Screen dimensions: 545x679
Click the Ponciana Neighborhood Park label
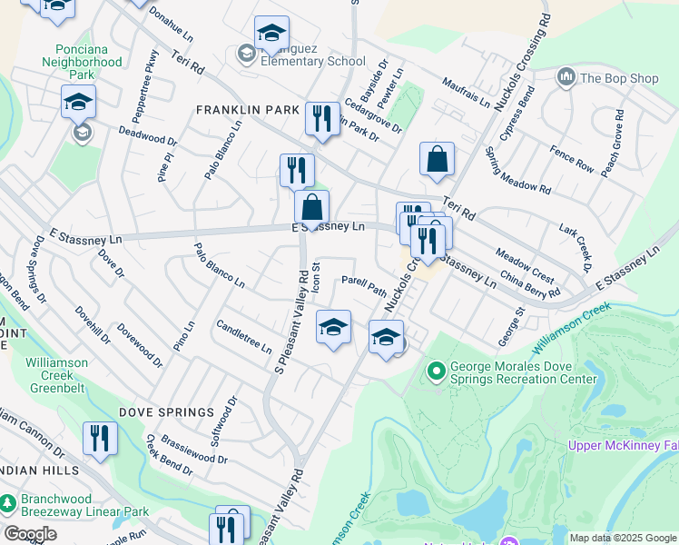(82, 62)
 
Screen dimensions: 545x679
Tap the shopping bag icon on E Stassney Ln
(311, 208)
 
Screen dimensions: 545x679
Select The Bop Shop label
(619, 78)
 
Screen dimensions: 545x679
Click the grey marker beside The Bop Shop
(567, 77)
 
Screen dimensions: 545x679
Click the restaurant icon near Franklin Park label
(321, 119)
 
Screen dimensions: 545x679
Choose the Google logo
(29, 534)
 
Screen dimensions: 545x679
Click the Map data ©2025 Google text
(622, 538)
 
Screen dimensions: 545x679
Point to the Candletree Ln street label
(243, 337)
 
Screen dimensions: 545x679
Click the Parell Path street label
(364, 286)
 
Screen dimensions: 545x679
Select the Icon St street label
(317, 278)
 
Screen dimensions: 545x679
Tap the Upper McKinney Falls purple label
(623, 445)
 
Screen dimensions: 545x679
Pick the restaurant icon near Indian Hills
(100, 439)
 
